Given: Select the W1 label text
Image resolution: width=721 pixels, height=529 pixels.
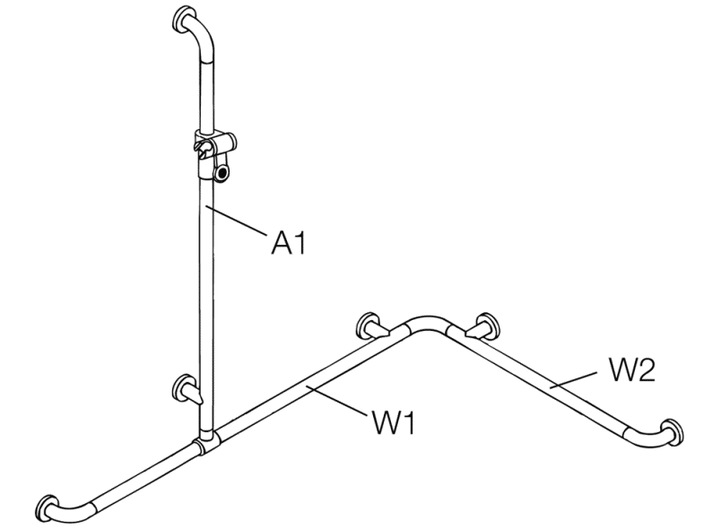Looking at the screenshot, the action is pos(393,422).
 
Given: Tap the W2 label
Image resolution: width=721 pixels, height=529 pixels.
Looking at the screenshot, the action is pos(632,369).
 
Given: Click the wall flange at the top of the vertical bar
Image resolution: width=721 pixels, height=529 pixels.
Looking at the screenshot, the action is pos(182,20).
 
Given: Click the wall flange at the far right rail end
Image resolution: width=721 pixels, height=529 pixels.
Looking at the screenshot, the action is pos(673,432).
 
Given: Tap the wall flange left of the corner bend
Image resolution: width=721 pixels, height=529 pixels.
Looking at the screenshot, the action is pos(369,325).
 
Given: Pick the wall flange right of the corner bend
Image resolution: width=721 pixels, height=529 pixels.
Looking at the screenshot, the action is pos(487,326).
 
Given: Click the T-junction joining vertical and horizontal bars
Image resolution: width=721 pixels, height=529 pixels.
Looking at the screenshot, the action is pos(206,442).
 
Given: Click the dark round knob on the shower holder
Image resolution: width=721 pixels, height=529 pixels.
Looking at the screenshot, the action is pos(223,174).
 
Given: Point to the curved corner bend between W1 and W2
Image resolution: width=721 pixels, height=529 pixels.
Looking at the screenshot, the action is pos(428,324).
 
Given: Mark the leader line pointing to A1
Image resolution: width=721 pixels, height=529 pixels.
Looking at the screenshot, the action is pos(237,221).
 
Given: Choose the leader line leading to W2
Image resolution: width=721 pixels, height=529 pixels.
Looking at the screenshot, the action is pos(576,379).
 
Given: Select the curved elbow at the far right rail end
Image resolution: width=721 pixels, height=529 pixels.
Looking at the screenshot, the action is pos(647,436).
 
